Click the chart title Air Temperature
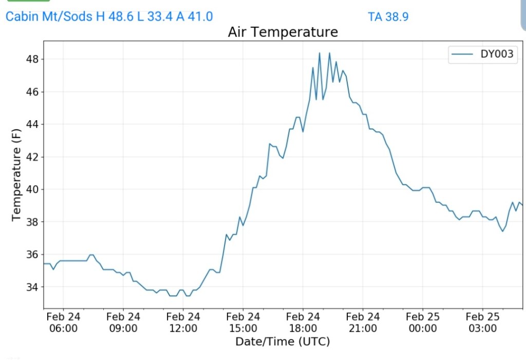pos(283,32)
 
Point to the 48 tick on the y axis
pos(32,59)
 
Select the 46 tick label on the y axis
pos(32,92)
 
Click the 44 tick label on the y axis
pos(32,124)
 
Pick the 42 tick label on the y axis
pos(32,157)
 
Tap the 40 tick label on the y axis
pos(32,190)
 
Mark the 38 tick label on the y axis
pos(32,222)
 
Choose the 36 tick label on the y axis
pos(32,254)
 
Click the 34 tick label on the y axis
pos(32,287)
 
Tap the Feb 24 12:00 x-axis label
pos(183,323)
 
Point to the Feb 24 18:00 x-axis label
pos(303,323)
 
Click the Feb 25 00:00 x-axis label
pos(423,323)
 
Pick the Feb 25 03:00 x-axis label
pos(483,323)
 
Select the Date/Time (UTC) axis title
pos(283,342)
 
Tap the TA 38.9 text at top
pos(388,16)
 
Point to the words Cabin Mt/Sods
pos(49,16)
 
